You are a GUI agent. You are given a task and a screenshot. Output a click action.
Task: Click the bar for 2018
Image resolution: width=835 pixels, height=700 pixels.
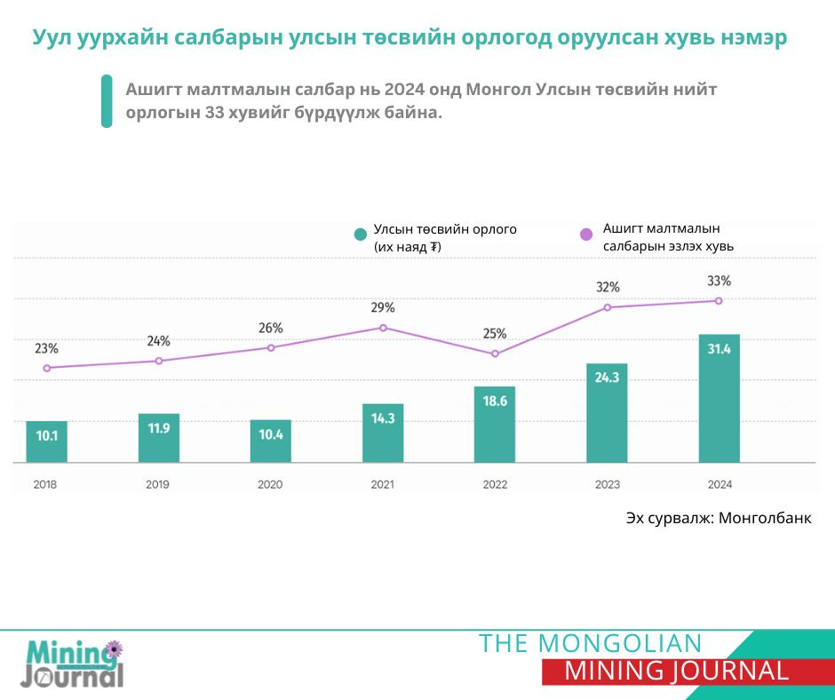point(46,441)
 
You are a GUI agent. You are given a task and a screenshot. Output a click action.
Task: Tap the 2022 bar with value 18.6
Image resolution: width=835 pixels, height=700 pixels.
point(495,424)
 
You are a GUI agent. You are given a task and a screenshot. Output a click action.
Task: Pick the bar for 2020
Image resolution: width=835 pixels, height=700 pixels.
point(270,441)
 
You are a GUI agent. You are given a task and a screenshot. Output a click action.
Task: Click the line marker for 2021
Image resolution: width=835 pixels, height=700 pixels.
point(383,328)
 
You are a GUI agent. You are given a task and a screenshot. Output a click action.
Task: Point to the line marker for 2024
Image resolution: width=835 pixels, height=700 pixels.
point(719,301)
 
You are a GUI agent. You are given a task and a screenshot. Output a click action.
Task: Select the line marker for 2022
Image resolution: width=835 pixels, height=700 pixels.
point(495,354)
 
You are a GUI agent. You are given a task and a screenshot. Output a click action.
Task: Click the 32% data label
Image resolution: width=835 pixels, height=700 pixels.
point(608,287)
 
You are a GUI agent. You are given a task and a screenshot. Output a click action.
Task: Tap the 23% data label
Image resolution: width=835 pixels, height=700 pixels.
point(46,348)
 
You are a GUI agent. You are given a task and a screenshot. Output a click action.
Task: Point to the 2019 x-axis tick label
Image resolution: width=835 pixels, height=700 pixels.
point(158,485)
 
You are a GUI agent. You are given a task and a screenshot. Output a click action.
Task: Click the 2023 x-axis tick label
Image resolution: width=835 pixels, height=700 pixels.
point(608,485)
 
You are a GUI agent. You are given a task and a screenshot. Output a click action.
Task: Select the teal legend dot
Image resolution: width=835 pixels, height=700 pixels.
point(360,235)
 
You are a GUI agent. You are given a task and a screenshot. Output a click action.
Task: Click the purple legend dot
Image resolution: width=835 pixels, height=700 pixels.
point(585,235)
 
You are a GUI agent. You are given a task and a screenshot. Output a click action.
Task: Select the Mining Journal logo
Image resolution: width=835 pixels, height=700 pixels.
point(73,664)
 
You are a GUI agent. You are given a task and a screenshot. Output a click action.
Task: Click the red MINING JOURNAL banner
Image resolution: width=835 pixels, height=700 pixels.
point(676,672)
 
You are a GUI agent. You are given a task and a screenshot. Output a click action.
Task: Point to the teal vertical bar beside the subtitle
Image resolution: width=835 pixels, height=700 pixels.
point(107,101)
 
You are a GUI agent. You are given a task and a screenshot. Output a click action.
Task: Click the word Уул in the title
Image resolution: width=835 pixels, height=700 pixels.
point(52,39)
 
